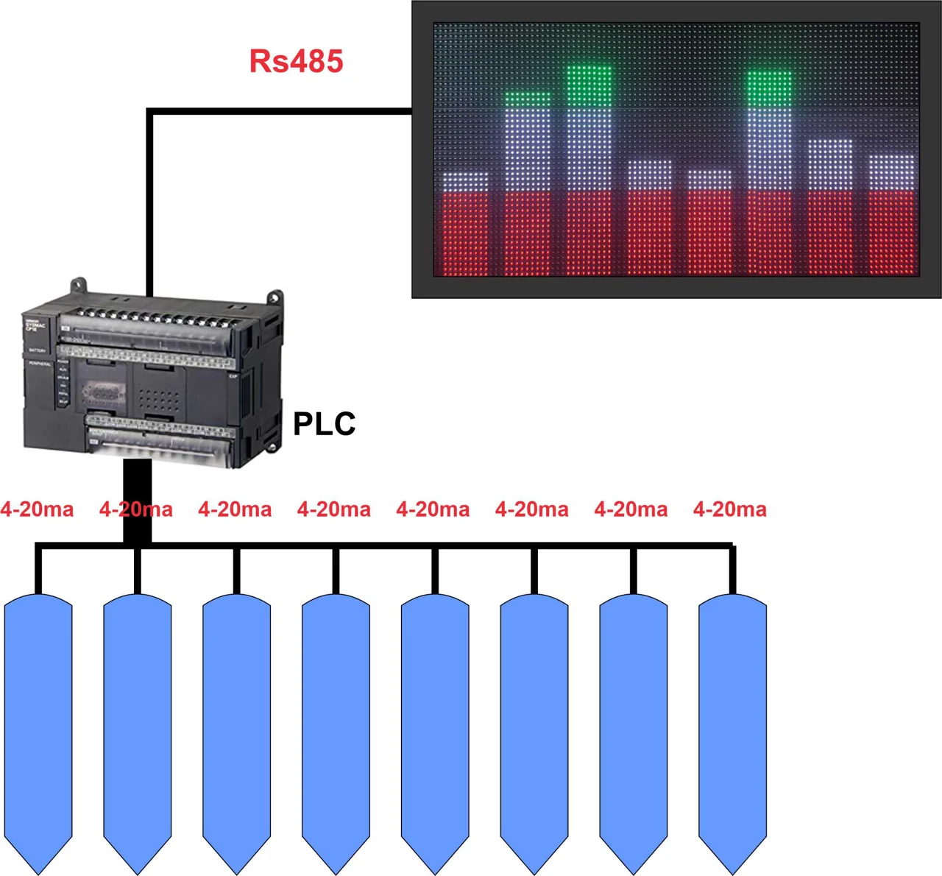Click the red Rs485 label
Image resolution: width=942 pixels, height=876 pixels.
click(296, 61)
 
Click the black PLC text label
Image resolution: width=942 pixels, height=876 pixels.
click(324, 423)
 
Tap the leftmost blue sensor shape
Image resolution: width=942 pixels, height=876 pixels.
click(38, 729)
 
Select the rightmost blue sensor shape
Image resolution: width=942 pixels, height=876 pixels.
click(732, 729)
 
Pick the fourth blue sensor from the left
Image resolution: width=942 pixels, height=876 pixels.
click(336, 729)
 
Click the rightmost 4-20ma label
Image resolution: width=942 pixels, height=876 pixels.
click(729, 509)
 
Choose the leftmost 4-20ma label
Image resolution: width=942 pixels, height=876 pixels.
click(37, 509)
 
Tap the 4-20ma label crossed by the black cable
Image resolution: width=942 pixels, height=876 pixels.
click(136, 509)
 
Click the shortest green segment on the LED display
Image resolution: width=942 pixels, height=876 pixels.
click(528, 98)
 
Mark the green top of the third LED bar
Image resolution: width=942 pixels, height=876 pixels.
click(589, 85)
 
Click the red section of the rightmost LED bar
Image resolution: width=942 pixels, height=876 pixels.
click(892, 232)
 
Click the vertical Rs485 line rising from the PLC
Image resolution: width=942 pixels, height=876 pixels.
click(149, 206)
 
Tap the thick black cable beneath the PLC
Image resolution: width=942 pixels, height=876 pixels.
click(137, 501)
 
